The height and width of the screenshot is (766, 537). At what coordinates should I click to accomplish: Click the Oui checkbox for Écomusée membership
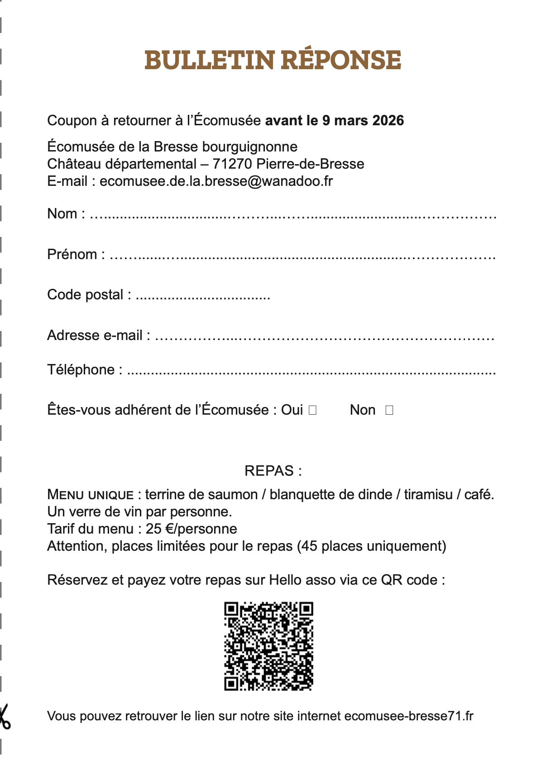(312, 410)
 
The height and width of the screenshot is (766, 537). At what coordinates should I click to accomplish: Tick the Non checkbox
(389, 410)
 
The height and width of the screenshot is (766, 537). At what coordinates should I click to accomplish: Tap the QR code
(268, 646)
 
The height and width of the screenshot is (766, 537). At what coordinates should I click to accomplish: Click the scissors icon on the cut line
(5, 716)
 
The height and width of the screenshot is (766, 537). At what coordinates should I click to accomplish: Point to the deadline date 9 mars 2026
(363, 121)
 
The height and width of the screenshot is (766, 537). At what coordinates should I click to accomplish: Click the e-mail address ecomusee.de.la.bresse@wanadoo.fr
(216, 181)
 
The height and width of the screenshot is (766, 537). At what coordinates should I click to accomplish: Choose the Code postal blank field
(203, 297)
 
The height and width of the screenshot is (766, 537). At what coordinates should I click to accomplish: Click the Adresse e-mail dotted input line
(324, 337)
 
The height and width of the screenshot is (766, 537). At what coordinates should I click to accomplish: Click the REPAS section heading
(273, 471)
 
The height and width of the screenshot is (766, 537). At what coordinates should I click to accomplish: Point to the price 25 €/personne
(191, 529)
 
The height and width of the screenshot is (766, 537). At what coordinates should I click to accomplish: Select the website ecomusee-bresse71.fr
(409, 716)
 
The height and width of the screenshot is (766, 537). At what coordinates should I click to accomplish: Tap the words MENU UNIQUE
(91, 495)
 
